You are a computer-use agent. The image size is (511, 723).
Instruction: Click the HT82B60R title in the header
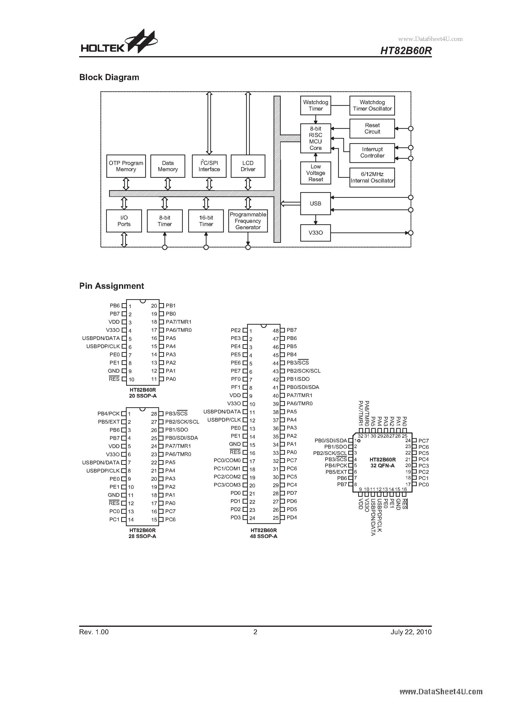click(x=406, y=51)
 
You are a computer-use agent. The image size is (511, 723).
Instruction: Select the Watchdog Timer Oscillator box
click(x=372, y=106)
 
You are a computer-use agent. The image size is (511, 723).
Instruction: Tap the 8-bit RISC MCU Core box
click(x=315, y=138)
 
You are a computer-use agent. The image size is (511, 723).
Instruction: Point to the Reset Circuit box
click(x=372, y=129)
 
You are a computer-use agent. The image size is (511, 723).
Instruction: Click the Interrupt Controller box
click(x=372, y=153)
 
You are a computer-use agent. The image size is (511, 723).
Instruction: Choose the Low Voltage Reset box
click(x=315, y=173)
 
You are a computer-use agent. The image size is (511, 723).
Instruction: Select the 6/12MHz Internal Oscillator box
click(x=372, y=178)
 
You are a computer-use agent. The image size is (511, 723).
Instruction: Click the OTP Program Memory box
click(x=126, y=166)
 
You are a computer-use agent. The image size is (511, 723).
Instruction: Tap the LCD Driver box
click(x=248, y=166)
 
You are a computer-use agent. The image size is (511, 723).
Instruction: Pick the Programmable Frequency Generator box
click(x=248, y=221)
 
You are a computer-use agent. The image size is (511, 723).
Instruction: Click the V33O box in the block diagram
click(x=315, y=233)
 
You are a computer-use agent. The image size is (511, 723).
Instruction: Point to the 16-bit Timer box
click(x=206, y=221)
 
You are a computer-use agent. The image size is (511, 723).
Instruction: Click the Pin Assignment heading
click(x=112, y=286)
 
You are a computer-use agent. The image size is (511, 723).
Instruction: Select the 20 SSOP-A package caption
click(x=143, y=396)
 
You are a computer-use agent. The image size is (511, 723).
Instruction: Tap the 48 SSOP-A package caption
click(x=263, y=536)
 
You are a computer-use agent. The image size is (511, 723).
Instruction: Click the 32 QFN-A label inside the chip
click(x=382, y=465)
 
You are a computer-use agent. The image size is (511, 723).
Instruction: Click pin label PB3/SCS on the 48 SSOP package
click(x=298, y=363)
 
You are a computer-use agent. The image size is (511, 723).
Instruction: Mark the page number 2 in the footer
click(x=255, y=632)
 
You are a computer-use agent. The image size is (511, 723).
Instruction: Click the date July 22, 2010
click(x=411, y=632)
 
